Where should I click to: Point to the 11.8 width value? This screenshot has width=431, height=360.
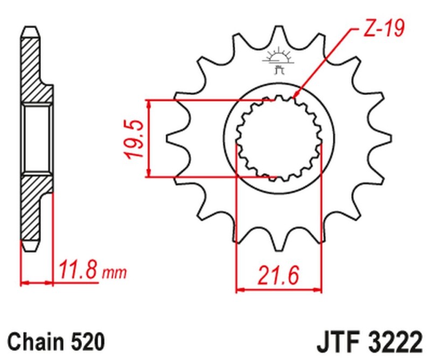point(79,269)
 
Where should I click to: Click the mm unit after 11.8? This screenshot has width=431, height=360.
point(114,273)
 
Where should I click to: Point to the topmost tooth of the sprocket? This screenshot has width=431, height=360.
point(278,32)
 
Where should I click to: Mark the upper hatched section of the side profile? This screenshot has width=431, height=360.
point(32,70)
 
